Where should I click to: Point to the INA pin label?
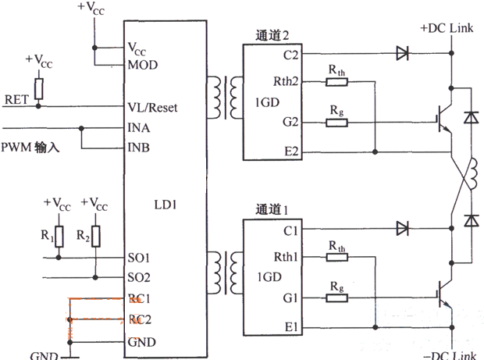pyautogui.click(x=139, y=127)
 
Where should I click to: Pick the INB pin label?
pyautogui.click(x=139, y=147)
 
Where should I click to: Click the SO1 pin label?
pyautogui.click(x=139, y=258)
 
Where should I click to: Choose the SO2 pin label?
pyautogui.click(x=139, y=277)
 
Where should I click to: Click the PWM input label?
pyautogui.click(x=32, y=147)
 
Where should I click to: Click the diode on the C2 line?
pyautogui.click(x=402, y=54)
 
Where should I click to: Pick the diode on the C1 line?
pyautogui.click(x=402, y=230)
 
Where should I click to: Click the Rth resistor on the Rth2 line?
pyautogui.click(x=336, y=80)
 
